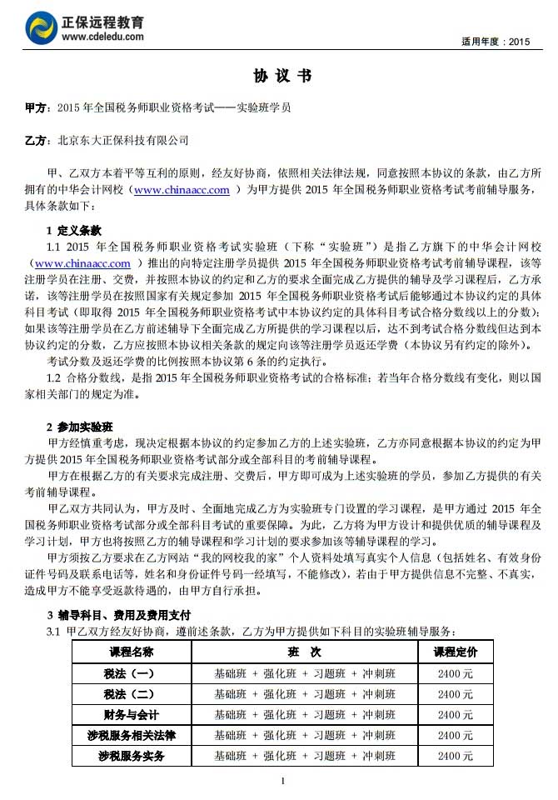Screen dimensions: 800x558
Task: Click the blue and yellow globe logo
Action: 41,27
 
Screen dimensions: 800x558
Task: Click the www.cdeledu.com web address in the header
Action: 102,37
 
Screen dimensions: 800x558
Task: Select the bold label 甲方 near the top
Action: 36,108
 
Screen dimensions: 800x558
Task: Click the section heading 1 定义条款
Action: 74,230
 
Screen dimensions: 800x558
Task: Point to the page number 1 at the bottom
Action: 283,780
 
